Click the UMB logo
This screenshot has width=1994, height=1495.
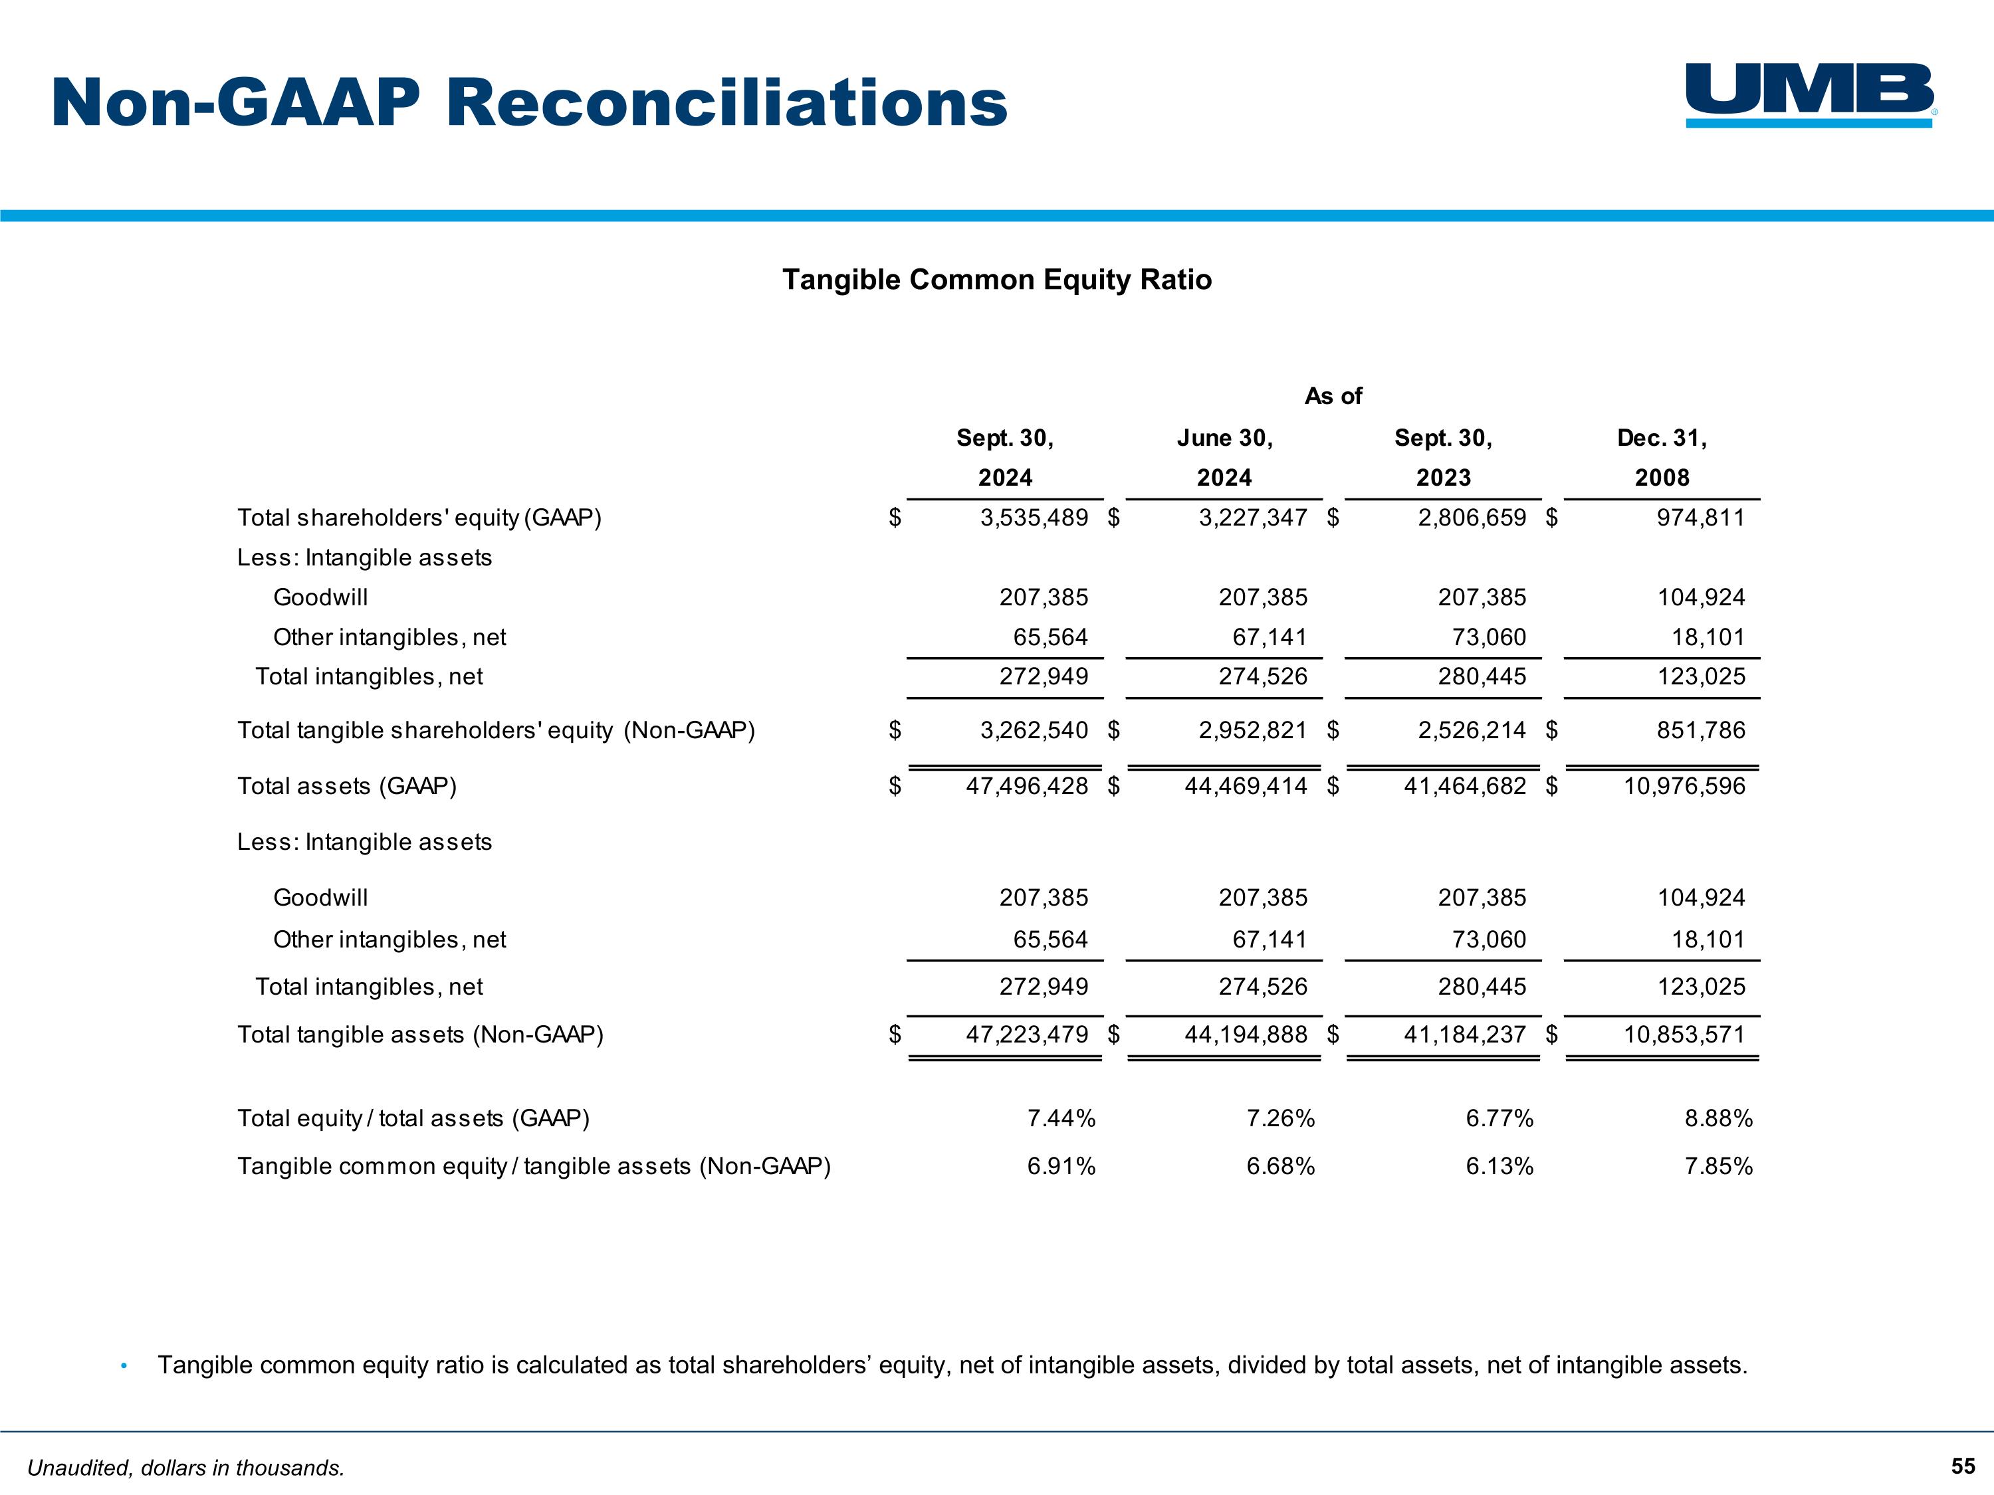(1810, 94)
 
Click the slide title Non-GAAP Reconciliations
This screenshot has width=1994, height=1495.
(529, 103)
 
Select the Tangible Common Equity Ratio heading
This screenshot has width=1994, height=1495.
(996, 279)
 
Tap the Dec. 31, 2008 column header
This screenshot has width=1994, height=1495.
(1662, 458)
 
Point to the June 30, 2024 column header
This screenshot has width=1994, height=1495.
(1224, 458)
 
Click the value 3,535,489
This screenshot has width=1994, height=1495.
(1034, 518)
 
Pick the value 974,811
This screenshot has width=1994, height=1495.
(1700, 518)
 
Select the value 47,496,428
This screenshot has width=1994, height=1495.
(1027, 787)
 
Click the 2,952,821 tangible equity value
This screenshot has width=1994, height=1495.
(1252, 731)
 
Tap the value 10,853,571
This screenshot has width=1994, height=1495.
(1684, 1035)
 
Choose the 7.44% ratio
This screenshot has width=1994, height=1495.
(1061, 1118)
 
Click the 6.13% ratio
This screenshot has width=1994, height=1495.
(1499, 1167)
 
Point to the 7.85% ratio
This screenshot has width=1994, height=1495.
(1718, 1167)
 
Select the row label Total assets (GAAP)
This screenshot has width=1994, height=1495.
(347, 787)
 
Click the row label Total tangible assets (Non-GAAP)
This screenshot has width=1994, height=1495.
(420, 1035)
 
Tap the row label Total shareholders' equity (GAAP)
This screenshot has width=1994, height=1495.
(419, 518)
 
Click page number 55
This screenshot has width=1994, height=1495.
(1963, 1466)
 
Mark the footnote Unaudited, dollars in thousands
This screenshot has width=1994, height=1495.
(185, 1468)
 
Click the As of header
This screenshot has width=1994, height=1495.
(1333, 397)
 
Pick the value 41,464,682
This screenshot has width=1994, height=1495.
(1465, 787)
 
